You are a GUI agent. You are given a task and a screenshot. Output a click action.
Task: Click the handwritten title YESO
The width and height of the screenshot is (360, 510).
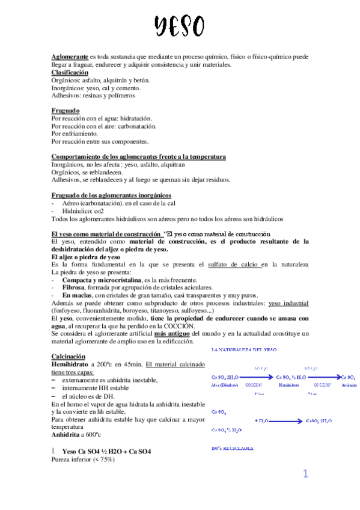coord(179,27)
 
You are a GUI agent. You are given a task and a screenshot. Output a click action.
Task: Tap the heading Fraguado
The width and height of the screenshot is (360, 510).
coord(66,111)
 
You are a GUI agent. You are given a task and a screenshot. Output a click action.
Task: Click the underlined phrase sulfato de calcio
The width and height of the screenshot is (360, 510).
coord(234,264)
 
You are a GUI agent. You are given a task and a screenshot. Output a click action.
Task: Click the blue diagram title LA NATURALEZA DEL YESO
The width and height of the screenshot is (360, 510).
coord(244,349)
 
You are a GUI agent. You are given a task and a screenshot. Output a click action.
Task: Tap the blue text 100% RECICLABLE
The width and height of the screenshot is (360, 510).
coord(233,449)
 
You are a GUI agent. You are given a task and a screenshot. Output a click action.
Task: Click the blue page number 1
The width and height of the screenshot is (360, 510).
coord(305,475)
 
